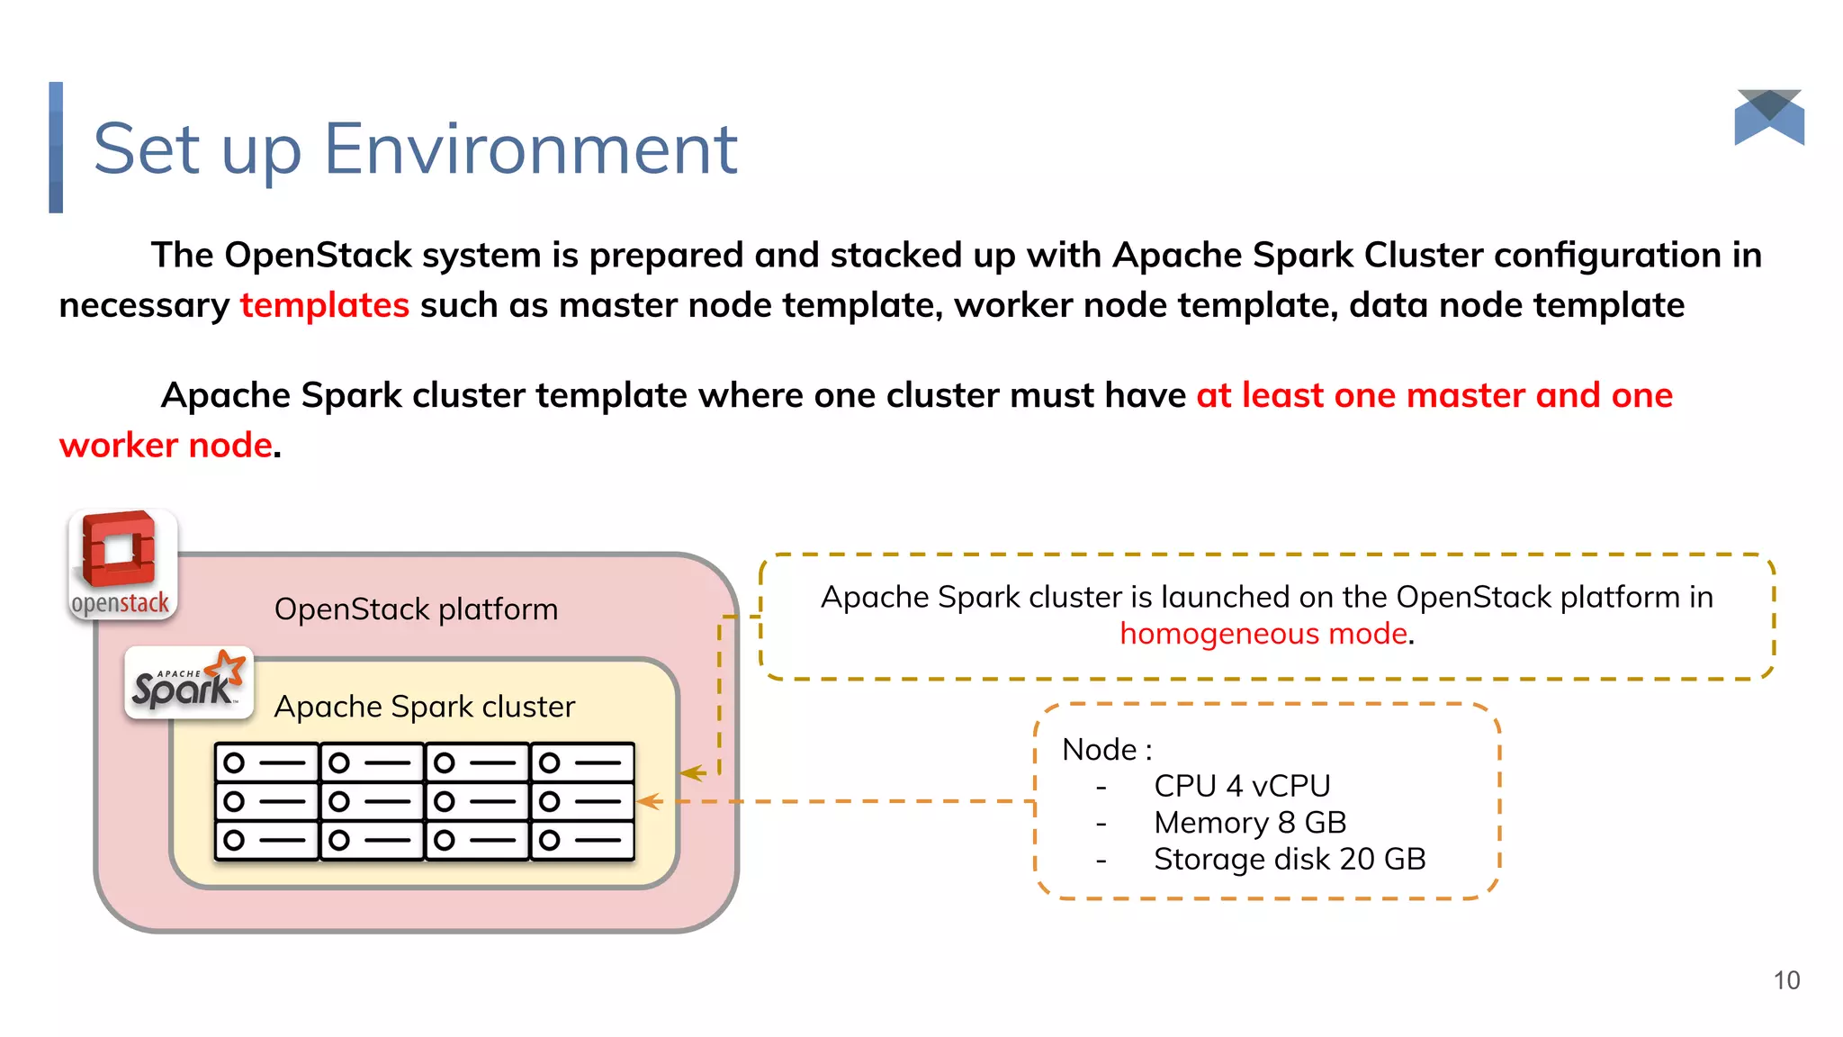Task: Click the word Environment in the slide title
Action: [x=530, y=149]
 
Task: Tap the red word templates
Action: [x=324, y=305]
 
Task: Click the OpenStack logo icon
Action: [x=122, y=564]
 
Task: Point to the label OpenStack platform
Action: [x=416, y=609]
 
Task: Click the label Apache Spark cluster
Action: [x=424, y=707]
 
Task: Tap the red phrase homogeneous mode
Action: [x=1263, y=634]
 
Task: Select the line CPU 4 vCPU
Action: [x=1241, y=786]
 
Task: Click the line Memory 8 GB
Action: [x=1249, y=823]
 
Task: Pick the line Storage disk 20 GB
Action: [x=1289, y=860]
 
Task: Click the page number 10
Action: [x=1786, y=980]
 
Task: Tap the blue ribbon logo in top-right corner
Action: [x=1768, y=117]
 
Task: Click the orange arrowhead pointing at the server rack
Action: [x=649, y=801]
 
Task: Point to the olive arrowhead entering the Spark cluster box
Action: [x=691, y=773]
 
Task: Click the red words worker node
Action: [x=166, y=446]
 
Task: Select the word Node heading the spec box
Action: [x=1099, y=750]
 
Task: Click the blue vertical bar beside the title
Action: [x=56, y=148]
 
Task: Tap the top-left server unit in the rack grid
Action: [x=266, y=762]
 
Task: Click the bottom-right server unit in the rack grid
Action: [x=582, y=840]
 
